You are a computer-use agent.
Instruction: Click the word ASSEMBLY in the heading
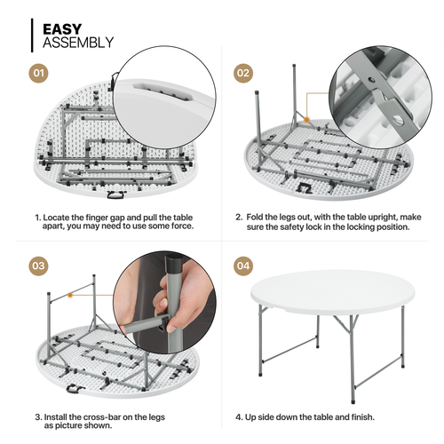point(78,42)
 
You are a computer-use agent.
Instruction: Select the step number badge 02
point(242,73)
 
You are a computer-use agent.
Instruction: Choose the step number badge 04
point(242,265)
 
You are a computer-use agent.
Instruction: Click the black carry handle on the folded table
point(115,193)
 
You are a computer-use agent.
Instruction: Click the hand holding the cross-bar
point(164,302)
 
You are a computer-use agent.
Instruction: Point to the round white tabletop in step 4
point(333,289)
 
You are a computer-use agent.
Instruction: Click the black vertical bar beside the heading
point(34,34)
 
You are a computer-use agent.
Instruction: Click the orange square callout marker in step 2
point(306,116)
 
